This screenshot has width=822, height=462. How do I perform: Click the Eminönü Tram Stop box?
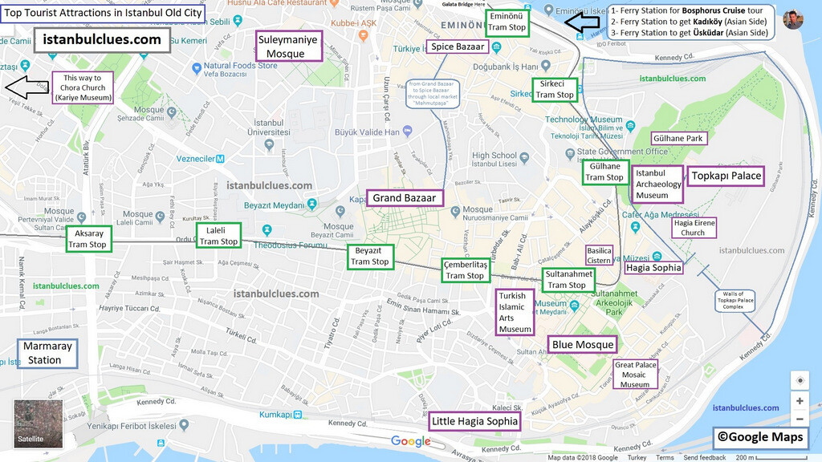[507, 22]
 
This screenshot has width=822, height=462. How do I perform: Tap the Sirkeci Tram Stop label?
[555, 89]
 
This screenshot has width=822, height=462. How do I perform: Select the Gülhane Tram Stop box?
[604, 172]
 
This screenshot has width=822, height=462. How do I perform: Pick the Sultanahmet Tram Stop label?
[568, 280]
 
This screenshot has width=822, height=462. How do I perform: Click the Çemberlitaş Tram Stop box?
[465, 270]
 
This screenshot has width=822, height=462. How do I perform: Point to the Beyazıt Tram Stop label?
[369, 257]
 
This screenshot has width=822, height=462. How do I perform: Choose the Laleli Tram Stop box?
[218, 236]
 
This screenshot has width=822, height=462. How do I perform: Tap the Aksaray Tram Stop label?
[87, 239]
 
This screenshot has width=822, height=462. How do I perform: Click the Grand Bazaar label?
[404, 198]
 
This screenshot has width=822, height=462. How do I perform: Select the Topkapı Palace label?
[726, 176]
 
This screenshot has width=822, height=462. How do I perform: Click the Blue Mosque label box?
[583, 345]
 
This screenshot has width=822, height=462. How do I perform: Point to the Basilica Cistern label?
[599, 255]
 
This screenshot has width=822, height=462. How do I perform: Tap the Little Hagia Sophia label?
[474, 421]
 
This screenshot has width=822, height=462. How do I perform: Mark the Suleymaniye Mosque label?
[287, 47]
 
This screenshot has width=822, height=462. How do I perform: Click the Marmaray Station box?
[47, 354]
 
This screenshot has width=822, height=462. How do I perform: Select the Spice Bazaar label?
[458, 47]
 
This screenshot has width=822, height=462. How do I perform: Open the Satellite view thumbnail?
[39, 423]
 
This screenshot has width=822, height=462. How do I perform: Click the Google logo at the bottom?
[411, 441]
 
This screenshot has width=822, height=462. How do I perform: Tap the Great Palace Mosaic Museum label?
[635, 375]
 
